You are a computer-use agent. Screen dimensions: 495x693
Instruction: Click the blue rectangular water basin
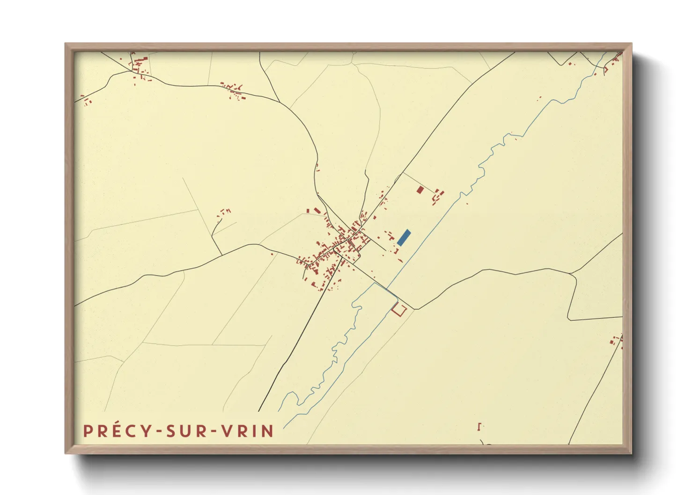click(x=404, y=238)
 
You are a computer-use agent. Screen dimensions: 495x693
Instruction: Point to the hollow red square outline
click(x=398, y=309)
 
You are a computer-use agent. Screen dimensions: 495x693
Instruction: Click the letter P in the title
click(x=88, y=431)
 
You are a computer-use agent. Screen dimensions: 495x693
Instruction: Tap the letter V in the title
click(x=226, y=431)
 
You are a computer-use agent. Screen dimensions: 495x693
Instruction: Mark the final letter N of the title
click(x=268, y=431)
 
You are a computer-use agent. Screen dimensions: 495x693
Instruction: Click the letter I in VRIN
click(x=255, y=431)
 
